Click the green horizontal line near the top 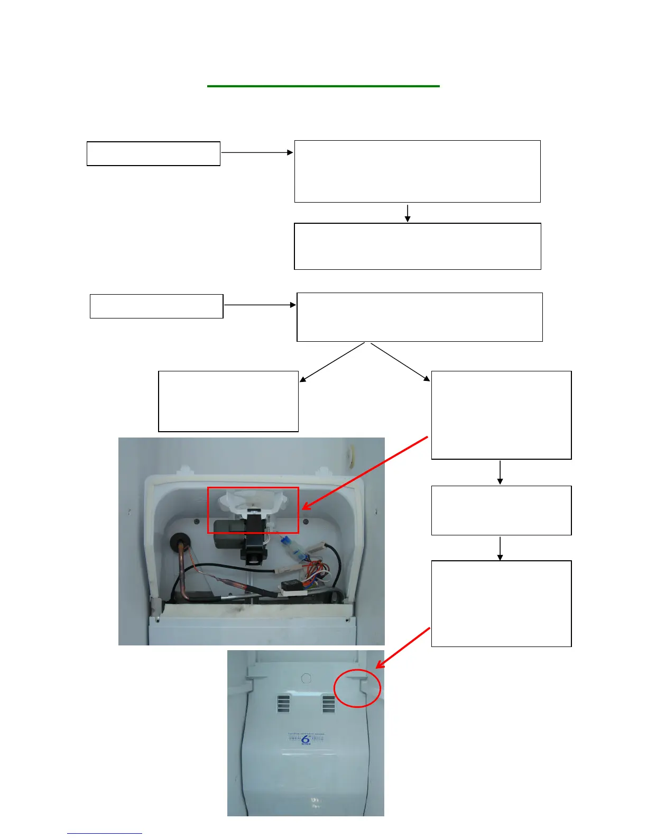point(323,86)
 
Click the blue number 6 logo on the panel point(306,739)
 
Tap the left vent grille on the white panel point(284,705)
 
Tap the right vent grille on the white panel point(329,705)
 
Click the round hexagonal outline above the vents point(306,678)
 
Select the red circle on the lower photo point(357,688)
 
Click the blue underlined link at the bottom point(105,833)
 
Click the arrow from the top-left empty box point(257,152)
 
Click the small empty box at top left point(153,153)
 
